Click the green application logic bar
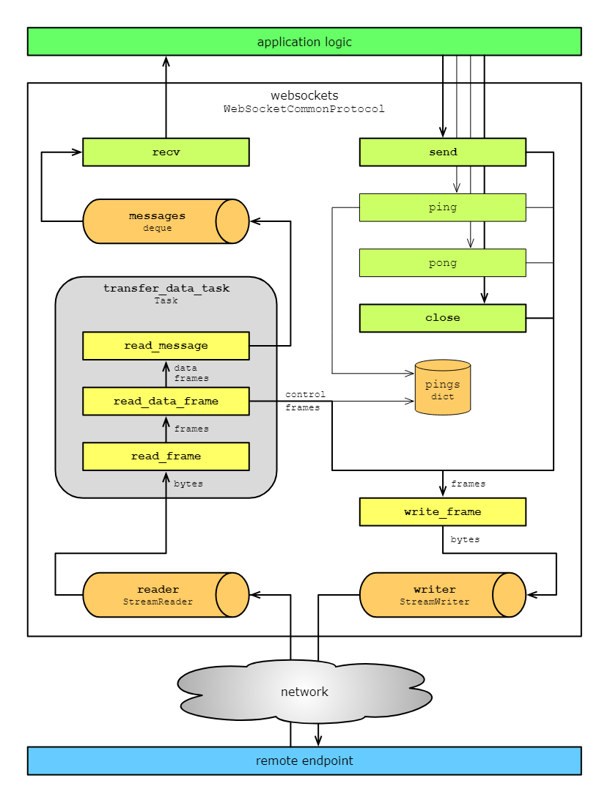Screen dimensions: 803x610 (304, 42)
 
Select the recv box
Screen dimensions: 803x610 (166, 152)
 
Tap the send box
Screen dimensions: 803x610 (442, 152)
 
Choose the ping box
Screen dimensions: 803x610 (442, 207)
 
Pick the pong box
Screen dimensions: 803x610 (442, 263)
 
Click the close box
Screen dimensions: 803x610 (442, 318)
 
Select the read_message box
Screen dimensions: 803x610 (166, 346)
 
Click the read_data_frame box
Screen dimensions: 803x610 (166, 401)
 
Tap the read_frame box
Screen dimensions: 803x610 (166, 456)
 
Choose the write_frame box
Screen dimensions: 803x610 (442, 512)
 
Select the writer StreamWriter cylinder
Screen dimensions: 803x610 (435, 595)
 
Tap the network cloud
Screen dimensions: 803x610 (304, 692)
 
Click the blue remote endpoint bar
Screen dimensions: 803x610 (304, 761)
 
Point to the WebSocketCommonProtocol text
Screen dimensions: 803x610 (304, 109)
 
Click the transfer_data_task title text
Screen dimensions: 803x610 (166, 289)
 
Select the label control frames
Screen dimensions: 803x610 (305, 401)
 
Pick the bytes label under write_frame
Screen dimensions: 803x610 (465, 539)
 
